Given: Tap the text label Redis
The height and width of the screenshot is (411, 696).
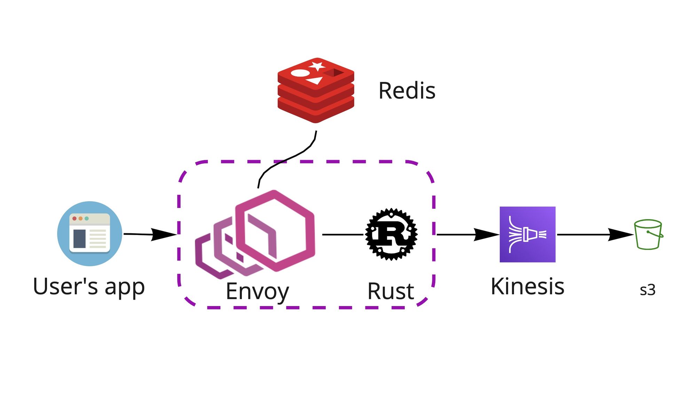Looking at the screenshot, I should [x=407, y=91].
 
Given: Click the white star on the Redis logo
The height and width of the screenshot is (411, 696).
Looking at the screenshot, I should [x=317, y=66].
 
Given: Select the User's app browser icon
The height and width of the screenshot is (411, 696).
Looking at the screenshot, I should [x=90, y=234].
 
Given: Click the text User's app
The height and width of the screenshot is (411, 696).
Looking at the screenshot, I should [x=89, y=287].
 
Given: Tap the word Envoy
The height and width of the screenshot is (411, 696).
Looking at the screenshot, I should [x=257, y=291].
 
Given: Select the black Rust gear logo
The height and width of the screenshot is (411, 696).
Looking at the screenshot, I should [x=391, y=234].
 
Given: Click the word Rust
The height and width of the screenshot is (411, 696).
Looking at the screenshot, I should [x=390, y=291].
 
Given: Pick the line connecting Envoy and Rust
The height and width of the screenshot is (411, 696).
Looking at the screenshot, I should [x=343, y=235].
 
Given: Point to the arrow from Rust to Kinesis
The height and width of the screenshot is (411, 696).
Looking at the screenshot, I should [x=468, y=235].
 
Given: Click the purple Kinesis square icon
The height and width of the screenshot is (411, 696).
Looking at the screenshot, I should [x=527, y=234].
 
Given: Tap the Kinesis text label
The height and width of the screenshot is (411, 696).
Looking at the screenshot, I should [x=527, y=287].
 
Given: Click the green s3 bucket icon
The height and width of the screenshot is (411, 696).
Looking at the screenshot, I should [x=648, y=234].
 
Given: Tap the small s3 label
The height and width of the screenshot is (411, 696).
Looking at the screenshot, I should [x=647, y=290].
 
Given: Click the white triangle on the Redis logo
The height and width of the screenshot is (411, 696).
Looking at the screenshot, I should [x=315, y=81].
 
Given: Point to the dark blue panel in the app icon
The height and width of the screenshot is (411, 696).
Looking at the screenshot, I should [x=79, y=239].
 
